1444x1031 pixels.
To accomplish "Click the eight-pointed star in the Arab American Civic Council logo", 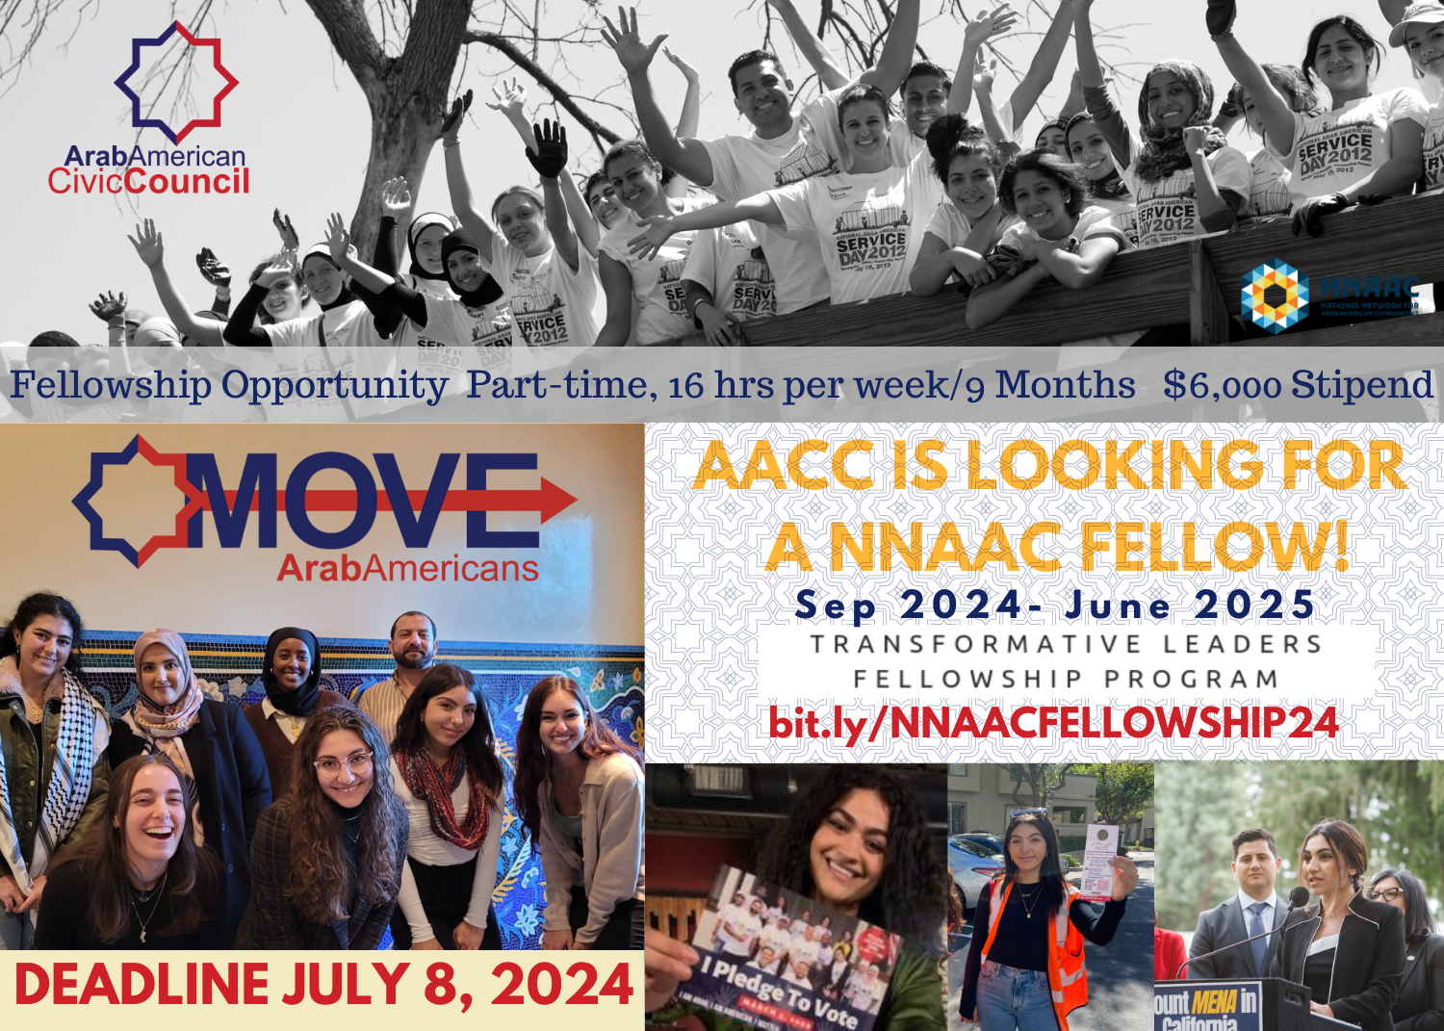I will (176, 81).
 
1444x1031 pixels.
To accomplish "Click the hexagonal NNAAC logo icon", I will (1275, 296).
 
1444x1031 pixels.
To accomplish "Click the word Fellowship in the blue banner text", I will (111, 385).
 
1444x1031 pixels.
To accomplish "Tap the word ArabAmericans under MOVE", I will (408, 568).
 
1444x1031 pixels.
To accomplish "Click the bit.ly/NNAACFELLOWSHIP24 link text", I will (1053, 722).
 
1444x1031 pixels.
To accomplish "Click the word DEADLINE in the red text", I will (142, 985).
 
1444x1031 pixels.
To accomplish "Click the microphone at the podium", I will (1296, 897).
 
